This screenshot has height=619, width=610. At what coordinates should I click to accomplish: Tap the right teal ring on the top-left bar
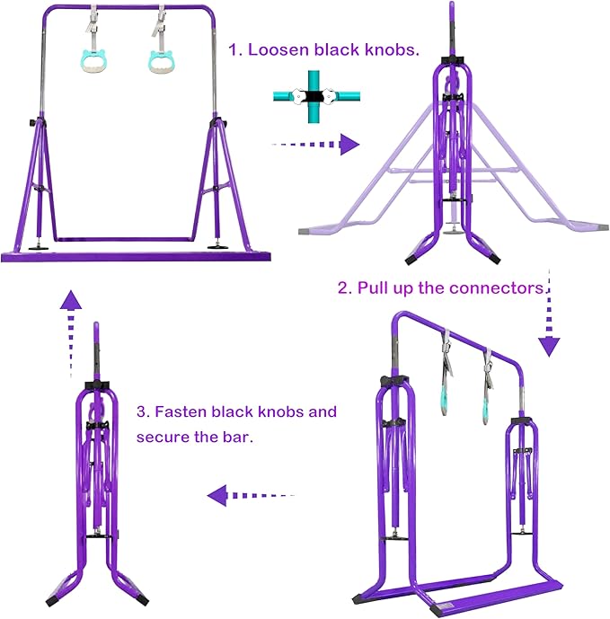[162, 62]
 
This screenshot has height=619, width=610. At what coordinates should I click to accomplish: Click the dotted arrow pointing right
[315, 145]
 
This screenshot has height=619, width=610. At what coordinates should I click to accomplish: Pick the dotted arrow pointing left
[251, 495]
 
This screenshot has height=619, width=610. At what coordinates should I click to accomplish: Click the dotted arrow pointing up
[71, 334]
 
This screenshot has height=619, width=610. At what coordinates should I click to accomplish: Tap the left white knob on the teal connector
[299, 96]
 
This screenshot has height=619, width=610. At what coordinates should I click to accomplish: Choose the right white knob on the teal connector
[329, 95]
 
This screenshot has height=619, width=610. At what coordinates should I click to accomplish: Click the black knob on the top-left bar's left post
[31, 123]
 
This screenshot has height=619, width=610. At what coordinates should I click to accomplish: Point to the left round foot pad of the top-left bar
[39, 249]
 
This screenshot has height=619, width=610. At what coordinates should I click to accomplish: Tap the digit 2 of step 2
[342, 288]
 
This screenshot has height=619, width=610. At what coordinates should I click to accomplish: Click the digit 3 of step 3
[141, 411]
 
